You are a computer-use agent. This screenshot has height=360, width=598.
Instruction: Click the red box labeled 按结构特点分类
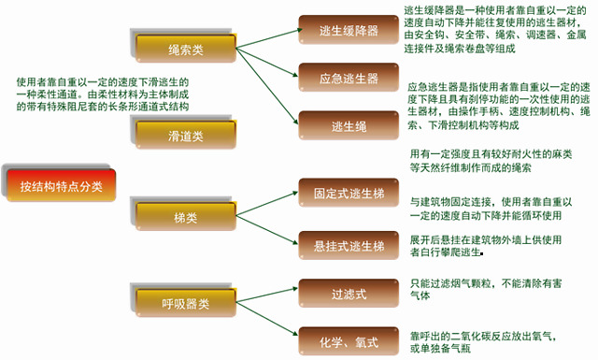[61, 185]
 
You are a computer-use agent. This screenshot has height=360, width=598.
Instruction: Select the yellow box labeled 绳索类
[186, 49]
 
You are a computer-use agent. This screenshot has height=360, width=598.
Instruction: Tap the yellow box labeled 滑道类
[186, 135]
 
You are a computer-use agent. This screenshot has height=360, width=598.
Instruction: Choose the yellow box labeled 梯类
[186, 216]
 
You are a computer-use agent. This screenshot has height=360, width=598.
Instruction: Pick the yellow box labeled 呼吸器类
[186, 303]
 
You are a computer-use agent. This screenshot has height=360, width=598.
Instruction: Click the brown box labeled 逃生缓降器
[349, 30]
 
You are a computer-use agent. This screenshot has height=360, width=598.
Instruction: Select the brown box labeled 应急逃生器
[349, 78]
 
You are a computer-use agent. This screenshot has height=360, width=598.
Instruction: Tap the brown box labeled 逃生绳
[349, 125]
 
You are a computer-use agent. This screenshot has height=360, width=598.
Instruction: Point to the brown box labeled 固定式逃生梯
[349, 193]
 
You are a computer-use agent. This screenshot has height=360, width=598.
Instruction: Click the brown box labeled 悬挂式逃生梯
[349, 246]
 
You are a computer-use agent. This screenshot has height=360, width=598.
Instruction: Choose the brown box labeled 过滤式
[349, 294]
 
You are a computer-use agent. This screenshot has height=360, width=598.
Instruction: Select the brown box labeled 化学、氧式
[349, 341]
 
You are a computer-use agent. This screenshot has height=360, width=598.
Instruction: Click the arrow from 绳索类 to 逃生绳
[267, 86]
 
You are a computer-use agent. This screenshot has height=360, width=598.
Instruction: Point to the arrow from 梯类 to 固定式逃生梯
[267, 204]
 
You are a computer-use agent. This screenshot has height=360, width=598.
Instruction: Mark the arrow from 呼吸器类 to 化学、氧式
[267, 319]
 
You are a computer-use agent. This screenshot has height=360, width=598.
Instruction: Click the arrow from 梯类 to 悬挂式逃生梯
[267, 230]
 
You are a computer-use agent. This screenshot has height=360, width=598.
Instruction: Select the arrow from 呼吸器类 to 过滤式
[267, 295]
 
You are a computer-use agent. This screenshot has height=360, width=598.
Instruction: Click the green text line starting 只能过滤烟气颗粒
[486, 283]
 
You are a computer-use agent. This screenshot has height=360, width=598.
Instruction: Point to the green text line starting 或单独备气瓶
[440, 348]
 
